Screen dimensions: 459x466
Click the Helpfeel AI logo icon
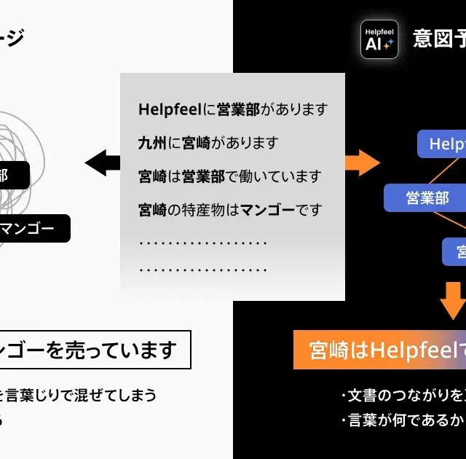pyautogui.click(x=379, y=39)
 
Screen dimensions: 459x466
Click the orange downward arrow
pyautogui.click(x=453, y=299)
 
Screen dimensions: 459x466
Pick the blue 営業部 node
pyautogui.click(x=427, y=197)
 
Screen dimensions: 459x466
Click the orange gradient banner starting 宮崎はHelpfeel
pyautogui.click(x=379, y=350)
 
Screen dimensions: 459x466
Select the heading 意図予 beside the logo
pyautogui.click(x=439, y=38)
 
